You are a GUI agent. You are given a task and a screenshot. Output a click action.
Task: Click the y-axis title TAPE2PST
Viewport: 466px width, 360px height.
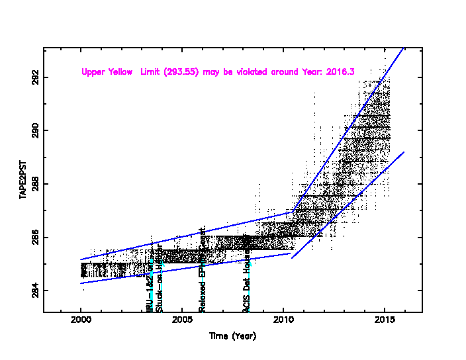[x=22, y=179]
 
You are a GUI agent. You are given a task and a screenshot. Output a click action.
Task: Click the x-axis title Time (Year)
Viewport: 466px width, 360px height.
[x=232, y=336]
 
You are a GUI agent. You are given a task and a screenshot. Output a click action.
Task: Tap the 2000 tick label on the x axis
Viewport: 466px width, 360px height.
[x=81, y=322]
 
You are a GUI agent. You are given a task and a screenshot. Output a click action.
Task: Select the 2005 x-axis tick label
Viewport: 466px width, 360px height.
[x=182, y=322]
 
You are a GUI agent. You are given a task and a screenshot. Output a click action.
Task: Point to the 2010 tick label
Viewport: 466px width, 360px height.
[x=283, y=322]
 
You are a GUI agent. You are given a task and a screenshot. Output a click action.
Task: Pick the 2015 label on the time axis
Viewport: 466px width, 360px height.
[x=385, y=322]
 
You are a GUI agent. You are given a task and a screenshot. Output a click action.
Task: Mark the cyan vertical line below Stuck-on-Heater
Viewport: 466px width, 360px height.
[x=162, y=289]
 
